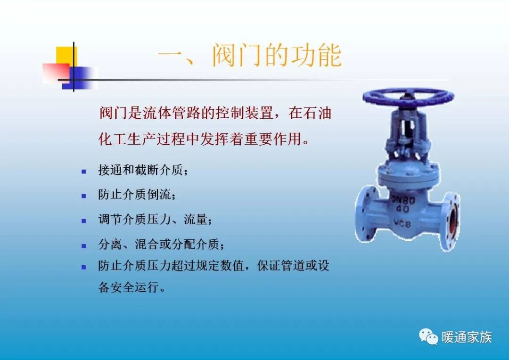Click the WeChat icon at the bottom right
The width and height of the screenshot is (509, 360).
coord(429,336)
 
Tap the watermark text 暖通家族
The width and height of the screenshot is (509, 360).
coord(467,337)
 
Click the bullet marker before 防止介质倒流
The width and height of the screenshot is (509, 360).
coord(84,196)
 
